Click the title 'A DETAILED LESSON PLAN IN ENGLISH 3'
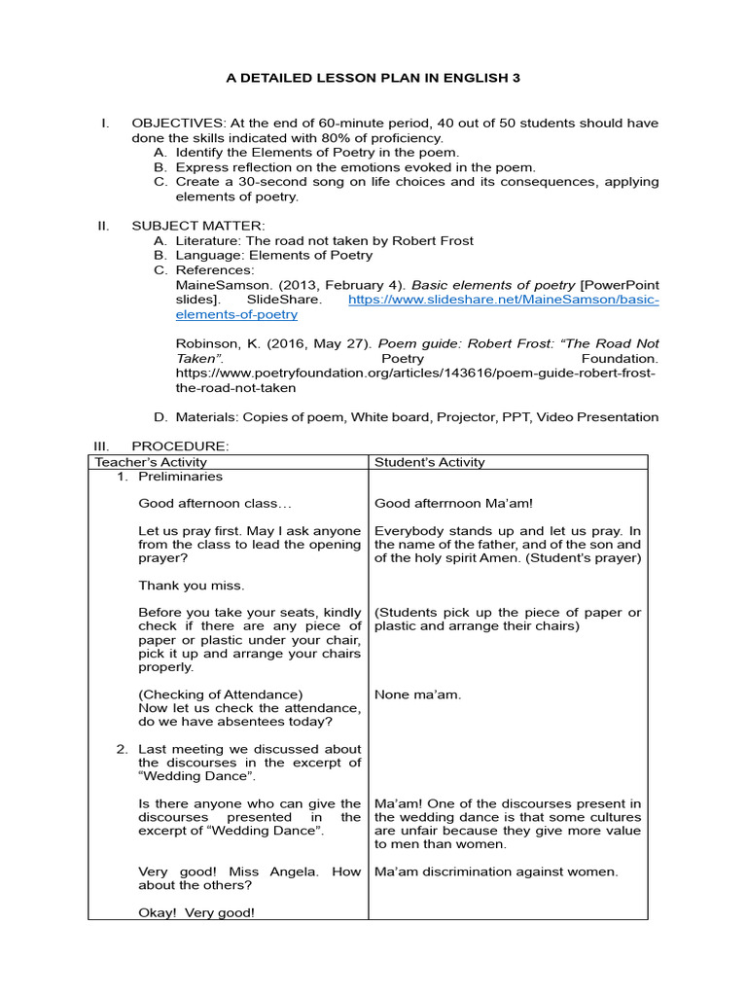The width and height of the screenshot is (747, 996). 373,78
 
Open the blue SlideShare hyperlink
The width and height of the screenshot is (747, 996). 503,301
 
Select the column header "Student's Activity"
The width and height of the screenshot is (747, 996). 430,462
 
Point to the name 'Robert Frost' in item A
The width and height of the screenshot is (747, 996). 435,240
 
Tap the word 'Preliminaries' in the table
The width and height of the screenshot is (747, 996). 180,477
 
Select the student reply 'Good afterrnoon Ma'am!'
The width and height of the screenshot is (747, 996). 453,504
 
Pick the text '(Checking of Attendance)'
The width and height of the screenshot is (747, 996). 221,694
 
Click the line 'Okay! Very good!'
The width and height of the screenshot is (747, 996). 196,912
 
